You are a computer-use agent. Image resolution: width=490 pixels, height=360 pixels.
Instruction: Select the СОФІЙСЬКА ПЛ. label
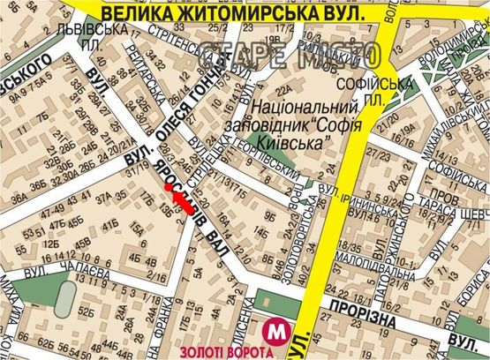click(385, 91)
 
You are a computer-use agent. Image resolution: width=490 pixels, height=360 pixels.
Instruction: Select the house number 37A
click(105, 197)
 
